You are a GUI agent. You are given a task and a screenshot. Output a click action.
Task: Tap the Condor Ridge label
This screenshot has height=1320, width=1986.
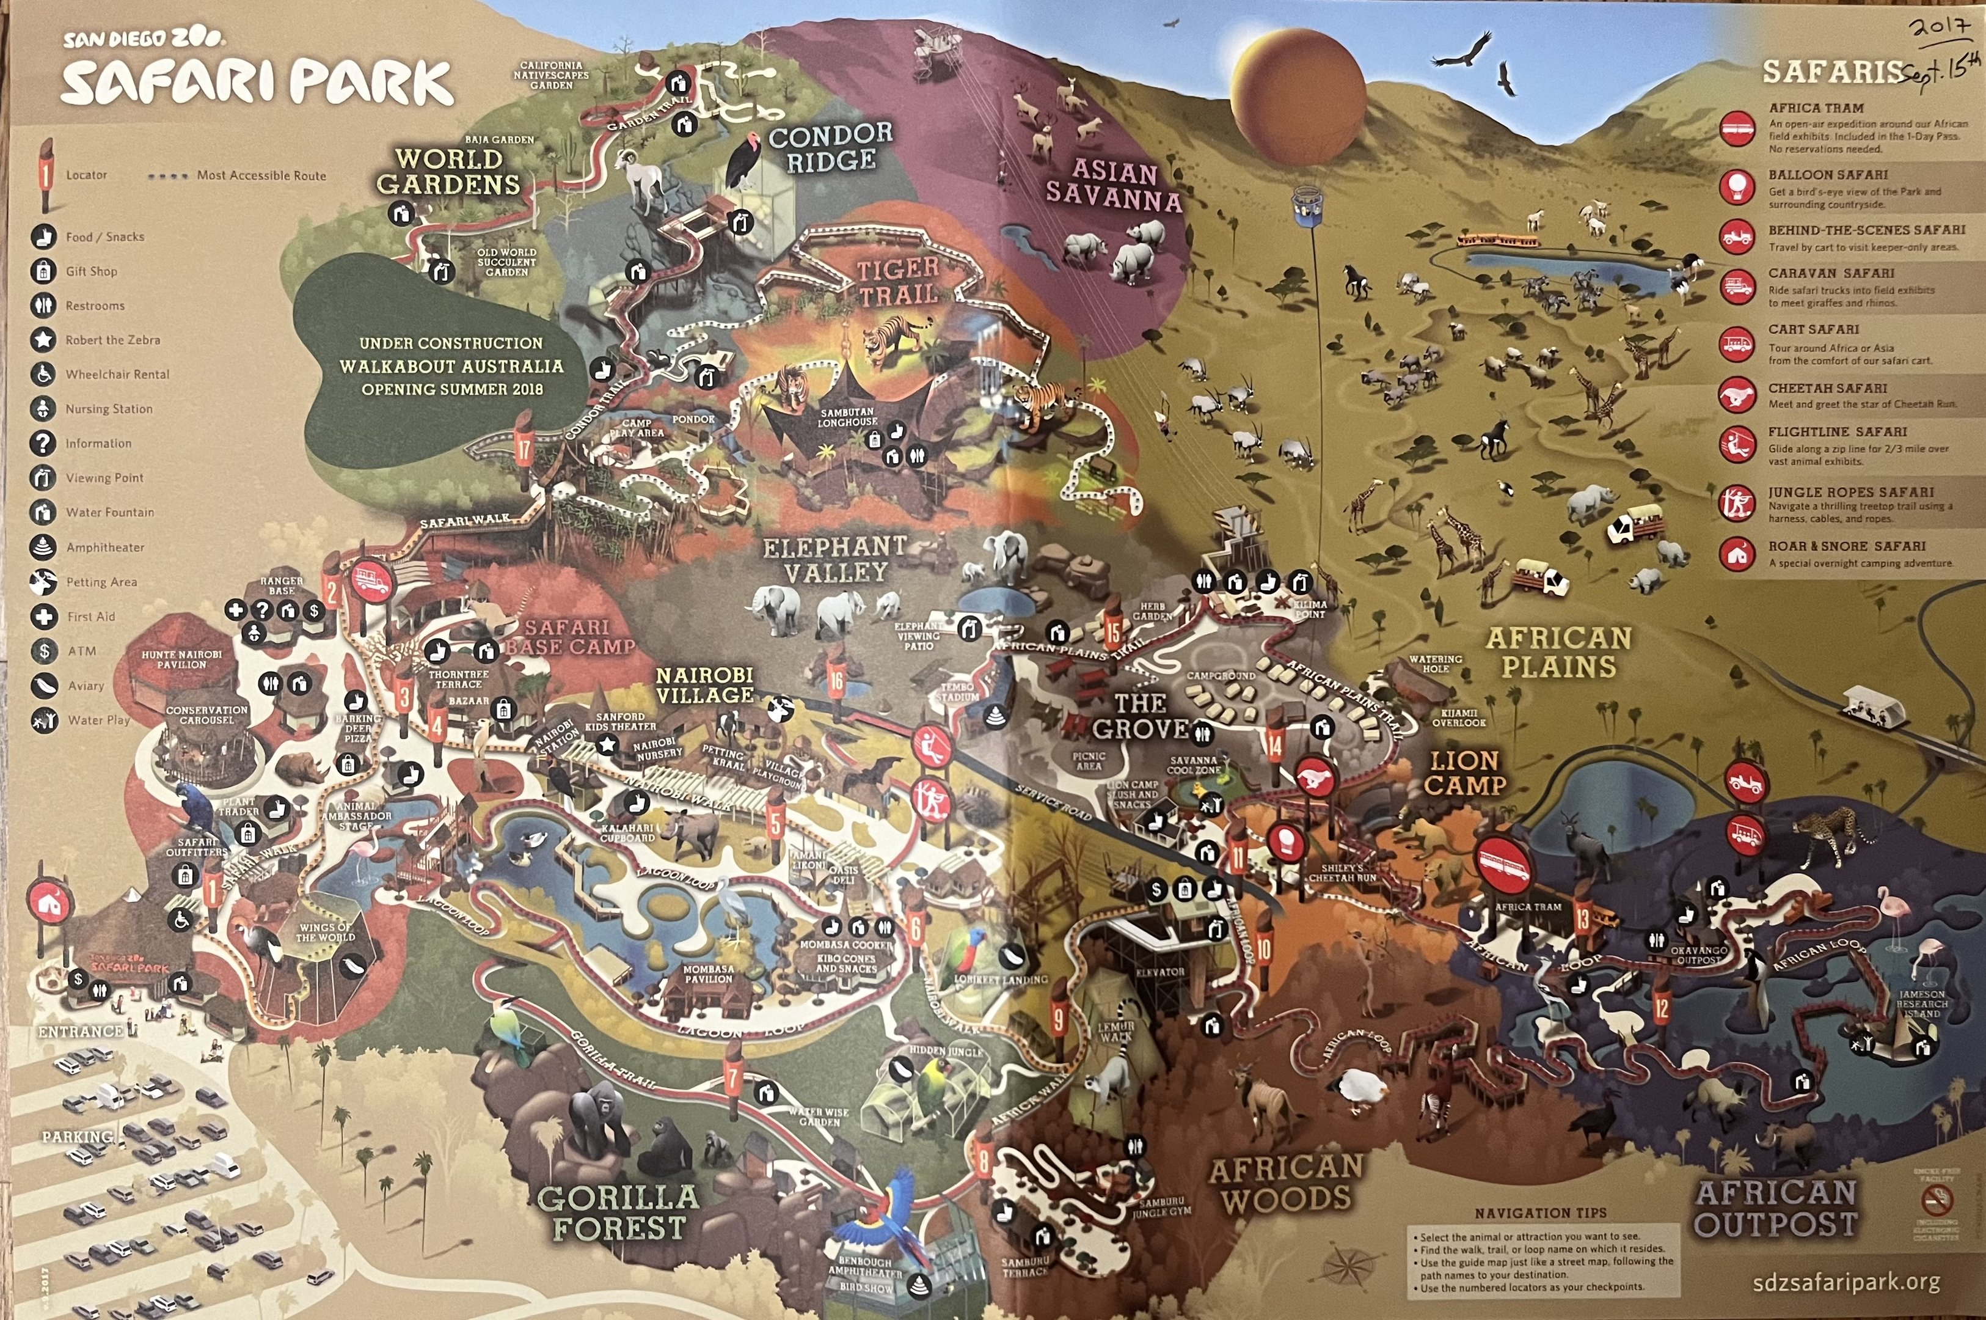click(831, 147)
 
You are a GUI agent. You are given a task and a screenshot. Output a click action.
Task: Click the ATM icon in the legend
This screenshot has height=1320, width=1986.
click(44, 651)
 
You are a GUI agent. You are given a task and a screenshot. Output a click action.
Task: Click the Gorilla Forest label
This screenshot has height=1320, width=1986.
click(618, 1212)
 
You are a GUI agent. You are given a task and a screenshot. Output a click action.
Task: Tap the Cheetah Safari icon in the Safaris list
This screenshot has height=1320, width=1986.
click(1737, 395)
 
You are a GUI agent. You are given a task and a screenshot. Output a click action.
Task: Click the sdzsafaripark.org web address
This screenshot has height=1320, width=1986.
click(1846, 1283)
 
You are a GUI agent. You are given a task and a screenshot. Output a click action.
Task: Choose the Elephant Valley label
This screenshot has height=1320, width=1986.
click(835, 560)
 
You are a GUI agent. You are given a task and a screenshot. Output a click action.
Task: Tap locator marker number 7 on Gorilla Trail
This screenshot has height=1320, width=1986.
click(733, 1077)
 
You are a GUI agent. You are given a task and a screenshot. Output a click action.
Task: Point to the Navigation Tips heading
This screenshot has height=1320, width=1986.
click(1541, 1213)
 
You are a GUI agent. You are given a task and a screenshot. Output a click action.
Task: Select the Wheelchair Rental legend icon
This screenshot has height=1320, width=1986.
click(44, 374)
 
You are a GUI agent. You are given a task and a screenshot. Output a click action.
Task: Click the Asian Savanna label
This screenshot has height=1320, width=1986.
click(1113, 185)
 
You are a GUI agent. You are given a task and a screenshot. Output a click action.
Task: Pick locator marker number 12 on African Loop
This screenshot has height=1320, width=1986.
click(1660, 1008)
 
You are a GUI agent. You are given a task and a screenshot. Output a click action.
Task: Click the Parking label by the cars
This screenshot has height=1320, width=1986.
click(78, 1137)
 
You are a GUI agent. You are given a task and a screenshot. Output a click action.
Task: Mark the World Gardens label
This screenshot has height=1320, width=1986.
click(448, 172)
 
